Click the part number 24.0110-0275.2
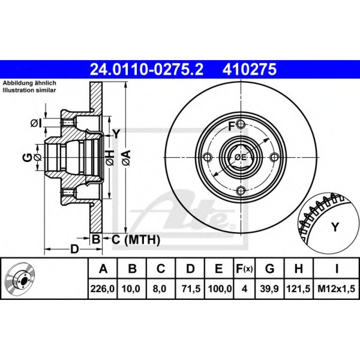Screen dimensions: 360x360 click(x=147, y=69)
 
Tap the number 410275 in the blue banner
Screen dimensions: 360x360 click(x=249, y=69)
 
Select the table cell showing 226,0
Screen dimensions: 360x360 click(x=103, y=289)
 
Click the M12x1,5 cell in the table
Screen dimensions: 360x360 click(x=336, y=289)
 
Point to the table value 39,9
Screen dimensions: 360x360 click(x=269, y=289)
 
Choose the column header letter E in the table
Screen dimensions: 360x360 click(x=219, y=269)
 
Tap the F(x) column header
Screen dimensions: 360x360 click(x=244, y=269)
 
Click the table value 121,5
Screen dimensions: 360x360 click(x=298, y=289)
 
